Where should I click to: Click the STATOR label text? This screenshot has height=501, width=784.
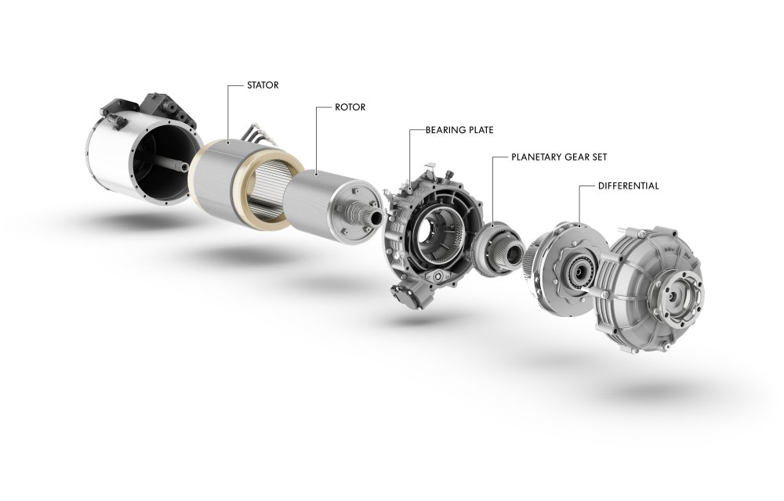pyautogui.click(x=263, y=85)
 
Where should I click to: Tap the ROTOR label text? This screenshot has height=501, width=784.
pyautogui.click(x=350, y=107)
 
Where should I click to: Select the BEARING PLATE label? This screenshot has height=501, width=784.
pyautogui.click(x=459, y=130)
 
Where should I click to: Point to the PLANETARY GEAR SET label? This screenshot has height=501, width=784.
pyautogui.click(x=559, y=157)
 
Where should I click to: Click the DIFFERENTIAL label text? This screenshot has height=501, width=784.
pyautogui.click(x=629, y=186)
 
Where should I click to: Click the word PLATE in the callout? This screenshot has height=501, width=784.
pyautogui.click(x=479, y=130)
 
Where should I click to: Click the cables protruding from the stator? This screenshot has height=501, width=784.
pyautogui.click(x=258, y=135)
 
